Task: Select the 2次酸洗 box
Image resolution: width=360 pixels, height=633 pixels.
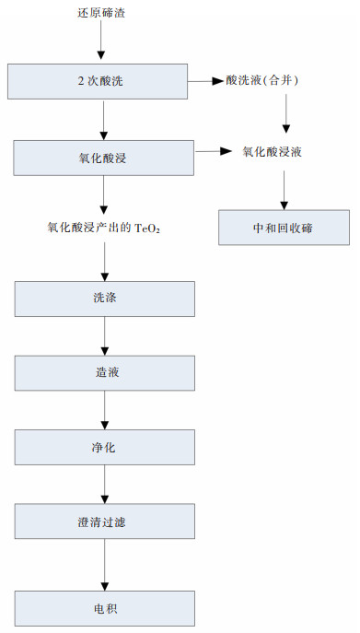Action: coord(99,82)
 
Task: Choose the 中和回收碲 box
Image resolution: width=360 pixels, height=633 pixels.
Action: coord(284,228)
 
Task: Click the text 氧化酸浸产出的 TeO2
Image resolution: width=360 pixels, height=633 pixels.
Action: coord(104,226)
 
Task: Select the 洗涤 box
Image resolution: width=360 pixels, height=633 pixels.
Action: coord(104,299)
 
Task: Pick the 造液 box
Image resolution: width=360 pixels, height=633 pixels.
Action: coord(104,373)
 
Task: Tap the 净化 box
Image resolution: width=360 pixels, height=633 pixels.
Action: coord(104,447)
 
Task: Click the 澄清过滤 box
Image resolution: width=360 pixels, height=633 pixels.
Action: coord(104,522)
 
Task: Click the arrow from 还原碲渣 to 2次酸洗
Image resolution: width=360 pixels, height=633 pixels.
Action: coord(103,42)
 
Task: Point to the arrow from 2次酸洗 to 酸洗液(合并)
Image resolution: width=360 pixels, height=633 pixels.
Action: coord(206,82)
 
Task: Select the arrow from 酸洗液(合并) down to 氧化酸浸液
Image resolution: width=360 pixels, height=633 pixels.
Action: coord(287,114)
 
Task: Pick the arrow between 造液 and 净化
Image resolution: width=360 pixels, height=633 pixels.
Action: coord(104,410)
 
